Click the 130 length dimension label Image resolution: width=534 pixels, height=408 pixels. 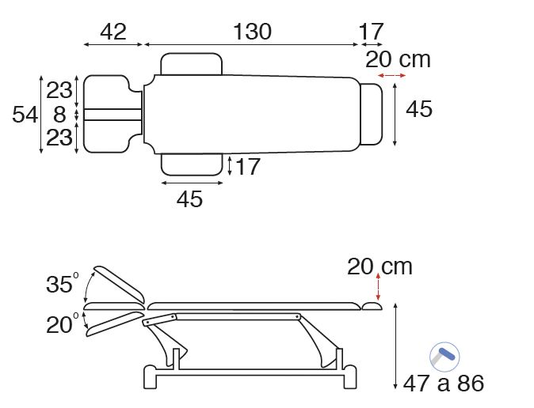point(253,32)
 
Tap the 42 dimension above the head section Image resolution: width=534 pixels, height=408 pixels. point(113,32)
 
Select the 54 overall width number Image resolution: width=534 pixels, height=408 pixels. point(25,114)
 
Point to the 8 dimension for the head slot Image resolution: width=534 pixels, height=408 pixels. point(59,114)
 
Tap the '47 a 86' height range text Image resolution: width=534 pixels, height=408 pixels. point(444,383)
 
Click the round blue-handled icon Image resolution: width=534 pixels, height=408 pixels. point(444,357)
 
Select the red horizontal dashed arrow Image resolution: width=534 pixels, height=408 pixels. point(391,75)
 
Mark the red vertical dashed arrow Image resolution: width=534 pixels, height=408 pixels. point(378,286)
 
